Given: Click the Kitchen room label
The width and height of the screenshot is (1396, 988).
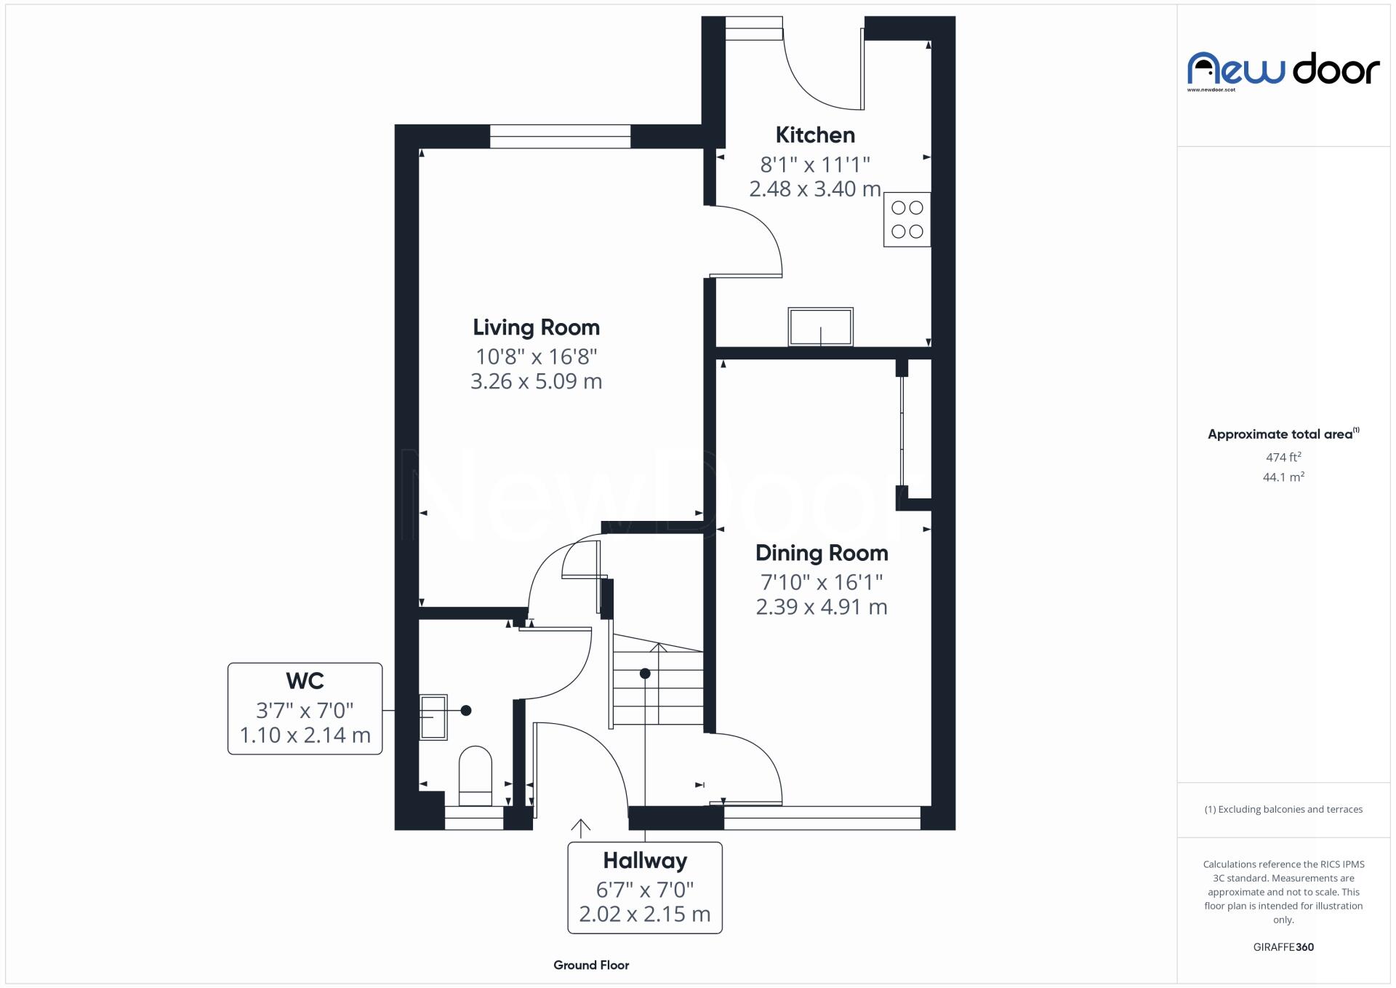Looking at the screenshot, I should [814, 135].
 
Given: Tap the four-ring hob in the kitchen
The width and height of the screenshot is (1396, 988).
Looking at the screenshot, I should [907, 220].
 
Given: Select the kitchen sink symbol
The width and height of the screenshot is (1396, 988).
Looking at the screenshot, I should [820, 327].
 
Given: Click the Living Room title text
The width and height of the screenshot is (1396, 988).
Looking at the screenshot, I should [536, 328].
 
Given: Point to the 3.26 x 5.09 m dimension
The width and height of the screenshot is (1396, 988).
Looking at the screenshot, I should [536, 381].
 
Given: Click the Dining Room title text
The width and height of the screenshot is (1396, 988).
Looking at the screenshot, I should [822, 554].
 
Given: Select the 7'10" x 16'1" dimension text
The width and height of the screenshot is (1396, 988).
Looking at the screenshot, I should [822, 582].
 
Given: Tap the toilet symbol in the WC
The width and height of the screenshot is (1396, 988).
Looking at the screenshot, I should [475, 776].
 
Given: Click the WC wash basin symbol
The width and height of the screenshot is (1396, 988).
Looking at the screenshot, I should [433, 717].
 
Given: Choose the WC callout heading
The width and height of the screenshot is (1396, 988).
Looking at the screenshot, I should [305, 682].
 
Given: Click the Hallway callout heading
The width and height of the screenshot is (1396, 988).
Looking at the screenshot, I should [645, 861].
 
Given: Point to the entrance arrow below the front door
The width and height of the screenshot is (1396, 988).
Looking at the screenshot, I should [580, 828].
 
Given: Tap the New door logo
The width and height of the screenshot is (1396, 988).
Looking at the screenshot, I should [1283, 71].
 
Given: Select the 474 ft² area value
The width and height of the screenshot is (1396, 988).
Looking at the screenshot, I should [1283, 458].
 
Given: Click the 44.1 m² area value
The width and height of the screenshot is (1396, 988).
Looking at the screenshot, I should [1283, 477].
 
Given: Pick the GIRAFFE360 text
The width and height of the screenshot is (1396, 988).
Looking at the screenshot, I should [1283, 947].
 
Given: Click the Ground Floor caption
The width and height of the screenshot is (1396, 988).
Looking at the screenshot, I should [591, 965].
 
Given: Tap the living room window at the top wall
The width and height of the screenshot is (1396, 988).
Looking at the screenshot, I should [560, 136].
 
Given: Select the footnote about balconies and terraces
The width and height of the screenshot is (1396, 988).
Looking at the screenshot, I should [1283, 809].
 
